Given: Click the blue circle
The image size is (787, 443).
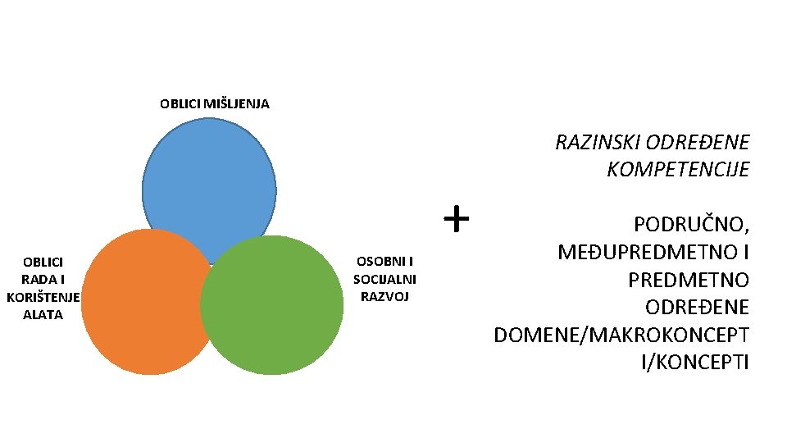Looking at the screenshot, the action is (x=209, y=180).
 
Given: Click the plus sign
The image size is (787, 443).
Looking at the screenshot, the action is (x=456, y=219).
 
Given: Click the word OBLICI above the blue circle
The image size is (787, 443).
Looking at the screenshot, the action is (x=176, y=104).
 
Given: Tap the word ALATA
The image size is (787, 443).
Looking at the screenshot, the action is (x=43, y=314).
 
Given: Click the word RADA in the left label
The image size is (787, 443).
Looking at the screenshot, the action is (x=37, y=279).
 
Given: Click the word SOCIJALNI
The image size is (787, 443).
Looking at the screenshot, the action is (x=384, y=279).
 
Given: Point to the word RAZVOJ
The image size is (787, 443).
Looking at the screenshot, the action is (x=384, y=296).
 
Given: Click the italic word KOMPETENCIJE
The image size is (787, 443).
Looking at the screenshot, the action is (x=678, y=170).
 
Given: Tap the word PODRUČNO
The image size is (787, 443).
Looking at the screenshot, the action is (x=691, y=225).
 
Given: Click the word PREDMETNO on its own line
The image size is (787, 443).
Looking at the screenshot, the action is (x=688, y=280).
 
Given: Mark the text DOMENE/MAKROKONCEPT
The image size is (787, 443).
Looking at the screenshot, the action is (x=621, y=335).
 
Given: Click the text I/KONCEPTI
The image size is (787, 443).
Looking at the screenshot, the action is (x=695, y=362).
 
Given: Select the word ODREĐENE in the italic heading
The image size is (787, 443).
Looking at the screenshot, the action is (x=697, y=143).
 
